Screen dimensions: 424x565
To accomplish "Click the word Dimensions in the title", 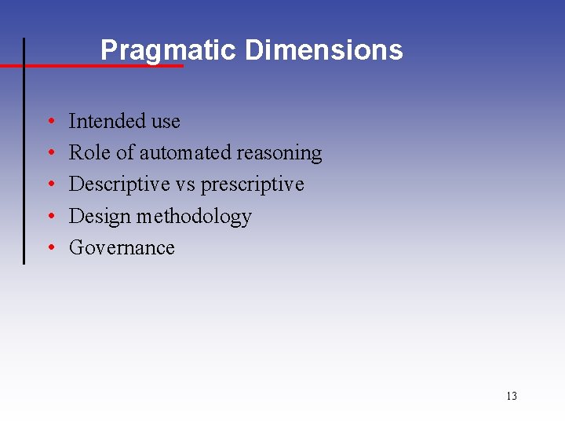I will coord(323,50).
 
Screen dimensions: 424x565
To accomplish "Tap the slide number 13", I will coord(512,396).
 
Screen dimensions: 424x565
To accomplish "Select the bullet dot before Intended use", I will coord(50,122).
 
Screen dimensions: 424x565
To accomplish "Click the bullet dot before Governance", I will coord(50,249).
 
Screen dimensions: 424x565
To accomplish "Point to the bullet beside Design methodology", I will coord(50,217).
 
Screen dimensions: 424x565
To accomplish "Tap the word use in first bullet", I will coord(166,122).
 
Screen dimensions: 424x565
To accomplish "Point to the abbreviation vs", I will coord(185,185).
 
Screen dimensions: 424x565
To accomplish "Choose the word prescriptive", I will coord(253,185).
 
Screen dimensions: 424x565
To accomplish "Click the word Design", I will coord(98,217).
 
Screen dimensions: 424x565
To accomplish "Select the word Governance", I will coord(122,247).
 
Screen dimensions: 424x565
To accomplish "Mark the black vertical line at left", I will coord(24,157).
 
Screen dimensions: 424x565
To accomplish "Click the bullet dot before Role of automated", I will coord(50,154).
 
